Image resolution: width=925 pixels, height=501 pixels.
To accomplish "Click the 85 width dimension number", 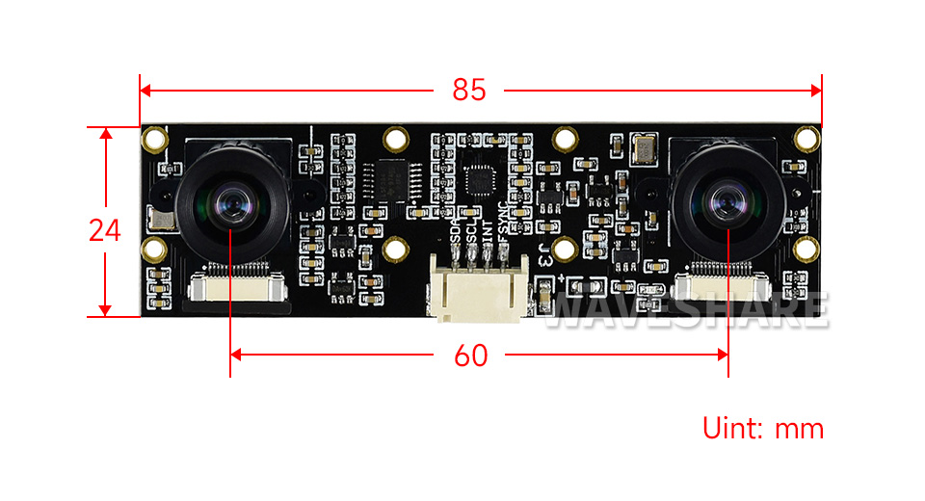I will [x=469, y=91].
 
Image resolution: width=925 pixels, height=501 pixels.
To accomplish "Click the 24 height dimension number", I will [x=105, y=230].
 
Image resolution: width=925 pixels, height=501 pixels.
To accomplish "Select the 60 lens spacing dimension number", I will [x=470, y=355].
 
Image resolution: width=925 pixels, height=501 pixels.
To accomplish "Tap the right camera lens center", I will [x=727, y=202].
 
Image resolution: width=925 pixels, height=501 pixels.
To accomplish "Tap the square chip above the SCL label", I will [x=479, y=179].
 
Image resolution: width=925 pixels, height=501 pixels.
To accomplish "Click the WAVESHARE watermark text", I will [x=687, y=308].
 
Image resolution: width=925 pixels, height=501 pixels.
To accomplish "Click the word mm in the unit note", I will [x=801, y=428].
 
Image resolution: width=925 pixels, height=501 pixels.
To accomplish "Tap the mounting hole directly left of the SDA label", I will [x=394, y=249].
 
